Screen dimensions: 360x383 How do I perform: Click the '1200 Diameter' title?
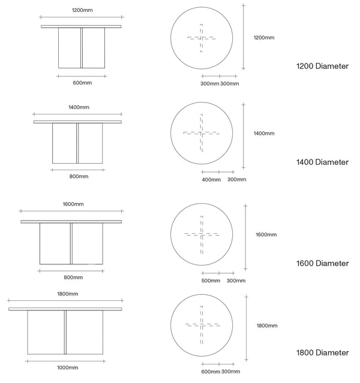pos(322,66)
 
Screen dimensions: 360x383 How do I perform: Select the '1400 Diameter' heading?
pos(322,162)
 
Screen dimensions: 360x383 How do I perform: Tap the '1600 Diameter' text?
pos(322,263)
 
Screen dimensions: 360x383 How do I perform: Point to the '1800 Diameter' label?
pos(322,352)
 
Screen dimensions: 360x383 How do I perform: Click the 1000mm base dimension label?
pos(67,367)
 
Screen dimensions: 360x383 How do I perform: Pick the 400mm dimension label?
pos(211,180)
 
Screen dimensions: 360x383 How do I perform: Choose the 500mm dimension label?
pos(211,281)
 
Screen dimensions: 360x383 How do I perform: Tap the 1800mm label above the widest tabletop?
pos(67,294)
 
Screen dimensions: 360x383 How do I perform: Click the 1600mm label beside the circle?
pos(266,235)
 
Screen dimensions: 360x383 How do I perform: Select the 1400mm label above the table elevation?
pos(79,107)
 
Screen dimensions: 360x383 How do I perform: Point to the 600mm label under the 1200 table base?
pos(82,83)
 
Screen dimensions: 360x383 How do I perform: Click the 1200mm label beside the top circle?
pos(264,38)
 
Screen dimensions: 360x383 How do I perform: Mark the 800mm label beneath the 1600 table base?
pos(73,278)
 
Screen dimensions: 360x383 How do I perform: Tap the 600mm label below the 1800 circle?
pos(211,372)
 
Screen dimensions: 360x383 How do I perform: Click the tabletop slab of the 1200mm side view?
pos(81,26)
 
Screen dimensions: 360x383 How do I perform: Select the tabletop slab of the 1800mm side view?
pos(65,309)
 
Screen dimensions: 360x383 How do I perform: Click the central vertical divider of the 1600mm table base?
pos(71,243)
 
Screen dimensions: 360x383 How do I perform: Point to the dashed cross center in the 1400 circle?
pos(201,134)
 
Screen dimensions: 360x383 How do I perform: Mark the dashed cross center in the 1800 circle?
pos(202,325)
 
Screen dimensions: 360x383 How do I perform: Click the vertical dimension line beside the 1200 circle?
pos(244,37)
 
